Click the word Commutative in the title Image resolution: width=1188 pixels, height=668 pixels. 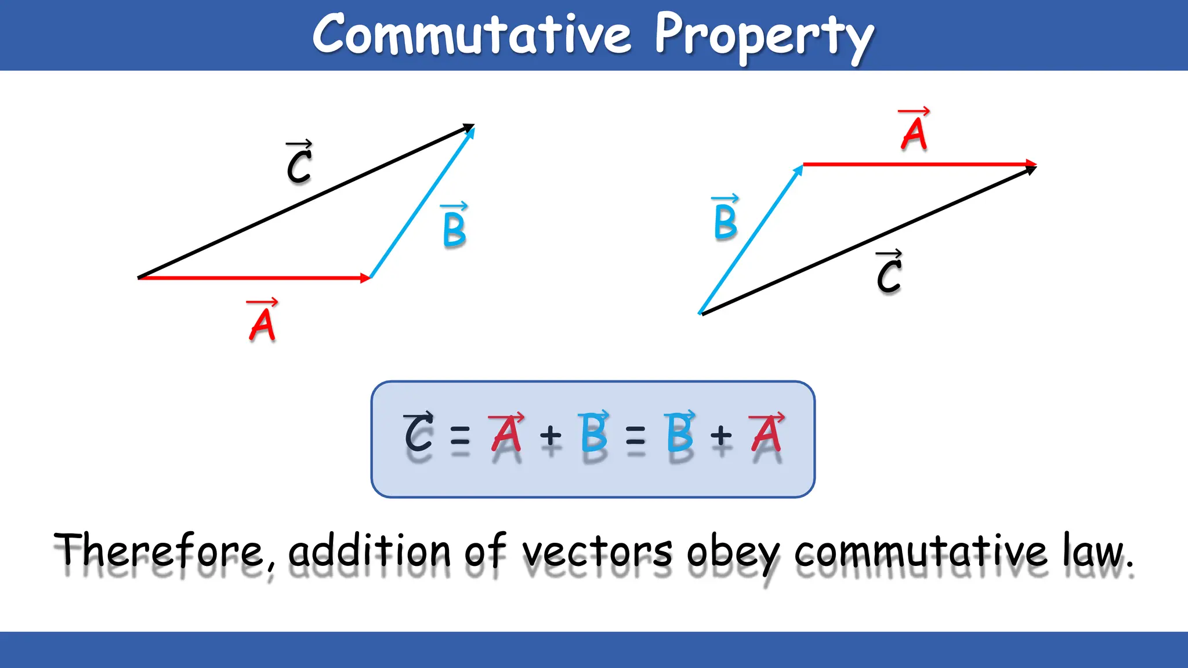click(x=472, y=35)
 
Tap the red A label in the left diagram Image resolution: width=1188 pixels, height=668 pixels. click(x=262, y=322)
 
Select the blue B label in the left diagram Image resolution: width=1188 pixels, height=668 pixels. click(x=454, y=227)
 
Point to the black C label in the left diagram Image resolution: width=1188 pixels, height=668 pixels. click(x=299, y=164)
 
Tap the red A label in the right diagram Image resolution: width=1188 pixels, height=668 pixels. click(x=914, y=132)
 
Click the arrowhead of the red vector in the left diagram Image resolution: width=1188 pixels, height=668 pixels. click(x=365, y=278)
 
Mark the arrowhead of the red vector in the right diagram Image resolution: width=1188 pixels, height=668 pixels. click(x=1030, y=164)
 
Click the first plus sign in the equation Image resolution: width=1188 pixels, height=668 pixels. click(x=550, y=435)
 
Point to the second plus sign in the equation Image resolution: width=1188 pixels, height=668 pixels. click(x=721, y=435)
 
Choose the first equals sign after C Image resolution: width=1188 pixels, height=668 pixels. click(x=460, y=435)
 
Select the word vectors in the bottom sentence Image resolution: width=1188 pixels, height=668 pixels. click(x=597, y=551)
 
